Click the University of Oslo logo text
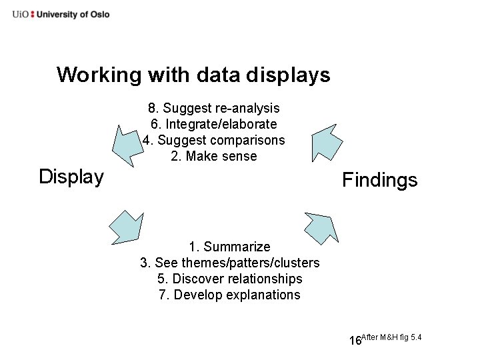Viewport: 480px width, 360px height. (x=61, y=14)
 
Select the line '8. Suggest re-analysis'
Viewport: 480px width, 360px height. (x=213, y=108)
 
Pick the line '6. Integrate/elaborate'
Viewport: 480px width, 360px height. (x=213, y=124)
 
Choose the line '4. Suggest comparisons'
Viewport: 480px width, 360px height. (x=213, y=140)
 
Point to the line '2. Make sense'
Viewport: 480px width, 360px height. (x=213, y=157)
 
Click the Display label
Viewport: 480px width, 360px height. (x=71, y=177)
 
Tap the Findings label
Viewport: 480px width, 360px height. (x=379, y=180)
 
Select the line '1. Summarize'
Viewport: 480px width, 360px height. (x=229, y=247)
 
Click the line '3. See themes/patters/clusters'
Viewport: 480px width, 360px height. (x=229, y=263)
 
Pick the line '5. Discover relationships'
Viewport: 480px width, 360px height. (x=229, y=279)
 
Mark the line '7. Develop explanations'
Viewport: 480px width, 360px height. (x=229, y=295)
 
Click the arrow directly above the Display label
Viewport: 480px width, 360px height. (x=127, y=143)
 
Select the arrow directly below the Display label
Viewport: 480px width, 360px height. (x=127, y=227)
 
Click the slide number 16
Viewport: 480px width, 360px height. (x=355, y=341)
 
